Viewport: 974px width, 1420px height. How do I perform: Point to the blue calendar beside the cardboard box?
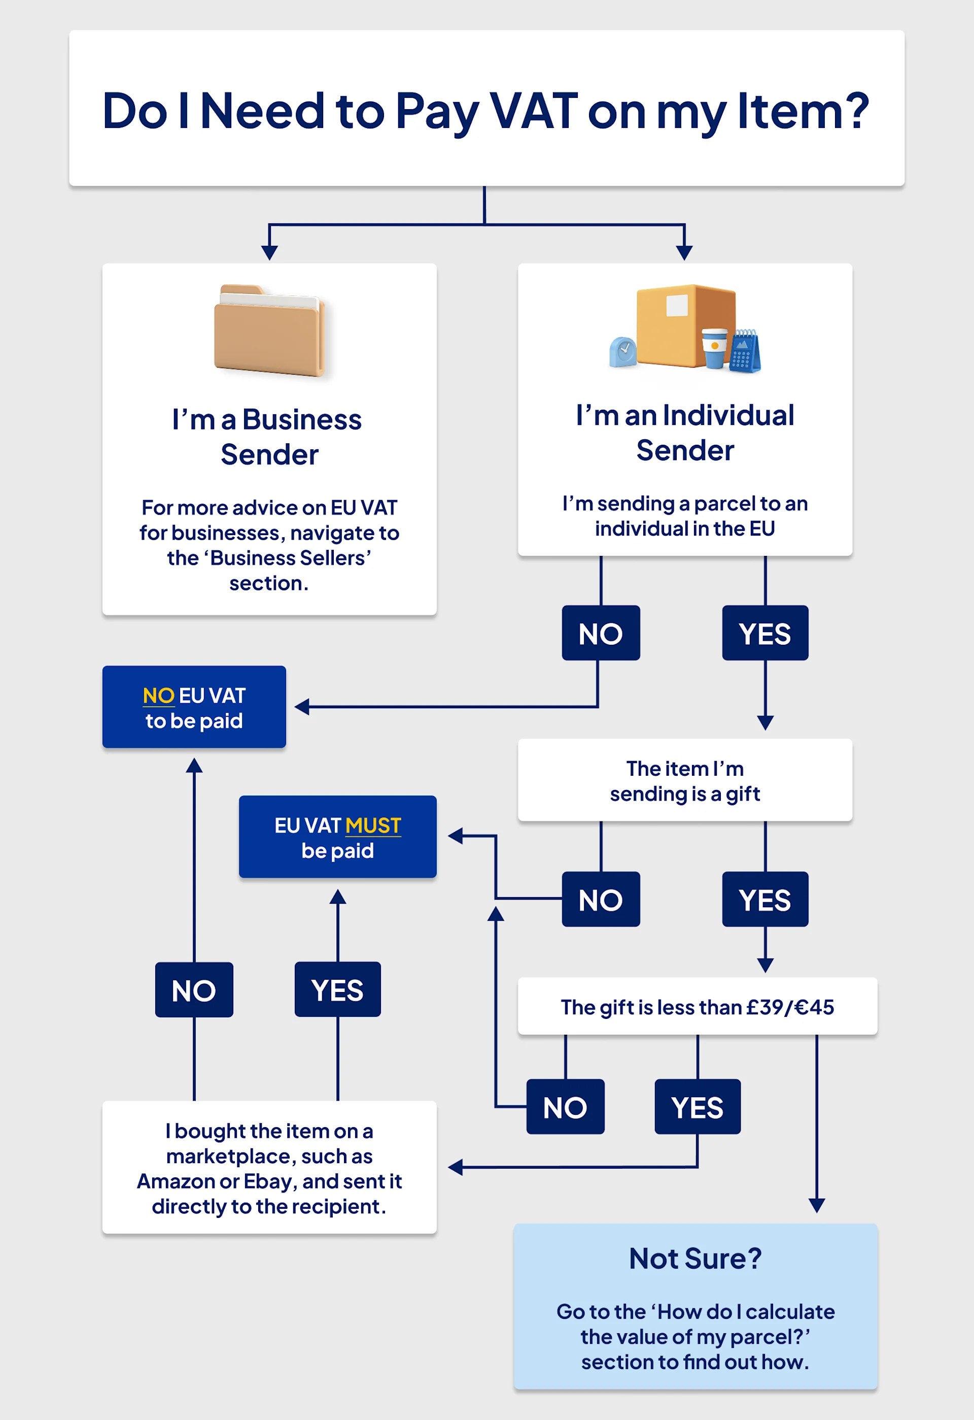pos(745,351)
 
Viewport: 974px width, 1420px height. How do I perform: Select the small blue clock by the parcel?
pos(623,352)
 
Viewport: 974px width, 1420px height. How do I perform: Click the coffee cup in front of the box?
pos(714,348)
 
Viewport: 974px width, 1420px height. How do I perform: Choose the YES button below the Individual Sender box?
pos(764,633)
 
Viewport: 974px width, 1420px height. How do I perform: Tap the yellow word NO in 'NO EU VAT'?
pos(158,696)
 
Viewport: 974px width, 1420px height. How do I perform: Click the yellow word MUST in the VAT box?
pos(373,825)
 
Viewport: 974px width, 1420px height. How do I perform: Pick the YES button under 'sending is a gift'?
pos(764,900)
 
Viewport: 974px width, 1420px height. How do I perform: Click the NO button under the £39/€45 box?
pos(565,1107)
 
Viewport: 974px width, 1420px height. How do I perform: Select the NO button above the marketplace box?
pos(194,990)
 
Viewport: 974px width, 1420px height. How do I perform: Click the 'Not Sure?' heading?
pos(695,1259)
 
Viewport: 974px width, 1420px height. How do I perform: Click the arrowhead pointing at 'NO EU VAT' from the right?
pos(302,707)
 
